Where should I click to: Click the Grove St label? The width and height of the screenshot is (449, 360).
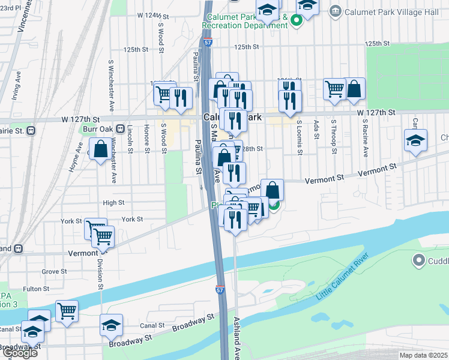pyautogui.click(x=54, y=272)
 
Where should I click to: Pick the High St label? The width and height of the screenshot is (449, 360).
pyautogui.click(x=113, y=203)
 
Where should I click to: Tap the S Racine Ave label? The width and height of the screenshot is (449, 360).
pyautogui.click(x=364, y=137)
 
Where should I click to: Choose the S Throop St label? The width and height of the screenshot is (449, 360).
pyautogui.click(x=333, y=136)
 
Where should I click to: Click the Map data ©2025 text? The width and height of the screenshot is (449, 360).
pyautogui.click(x=423, y=355)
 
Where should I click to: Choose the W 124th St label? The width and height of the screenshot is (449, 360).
pyautogui.click(x=149, y=14)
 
